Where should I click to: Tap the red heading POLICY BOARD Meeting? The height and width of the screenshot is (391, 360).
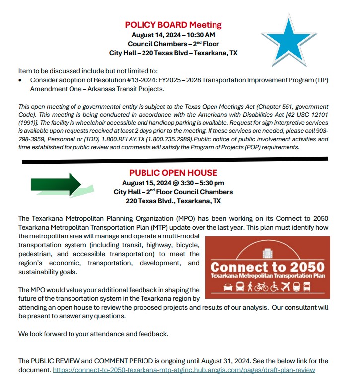[173, 25]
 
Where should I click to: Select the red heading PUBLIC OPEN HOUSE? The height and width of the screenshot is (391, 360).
[173, 173]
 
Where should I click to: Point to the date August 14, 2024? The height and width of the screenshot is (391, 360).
[154, 35]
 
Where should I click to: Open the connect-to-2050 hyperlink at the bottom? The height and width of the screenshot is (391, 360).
[184, 370]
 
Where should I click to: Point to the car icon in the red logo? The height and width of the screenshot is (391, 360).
[228, 287]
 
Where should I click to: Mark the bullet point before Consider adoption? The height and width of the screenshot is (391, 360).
[20, 80]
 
